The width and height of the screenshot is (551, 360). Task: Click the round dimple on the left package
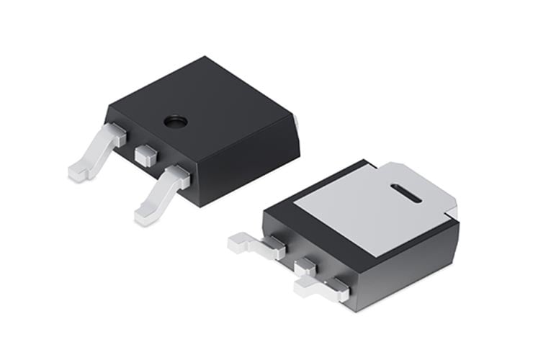tap(174, 121)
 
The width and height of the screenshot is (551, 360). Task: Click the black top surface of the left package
tap(209, 101)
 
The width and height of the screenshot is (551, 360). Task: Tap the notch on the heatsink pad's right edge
tap(450, 211)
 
